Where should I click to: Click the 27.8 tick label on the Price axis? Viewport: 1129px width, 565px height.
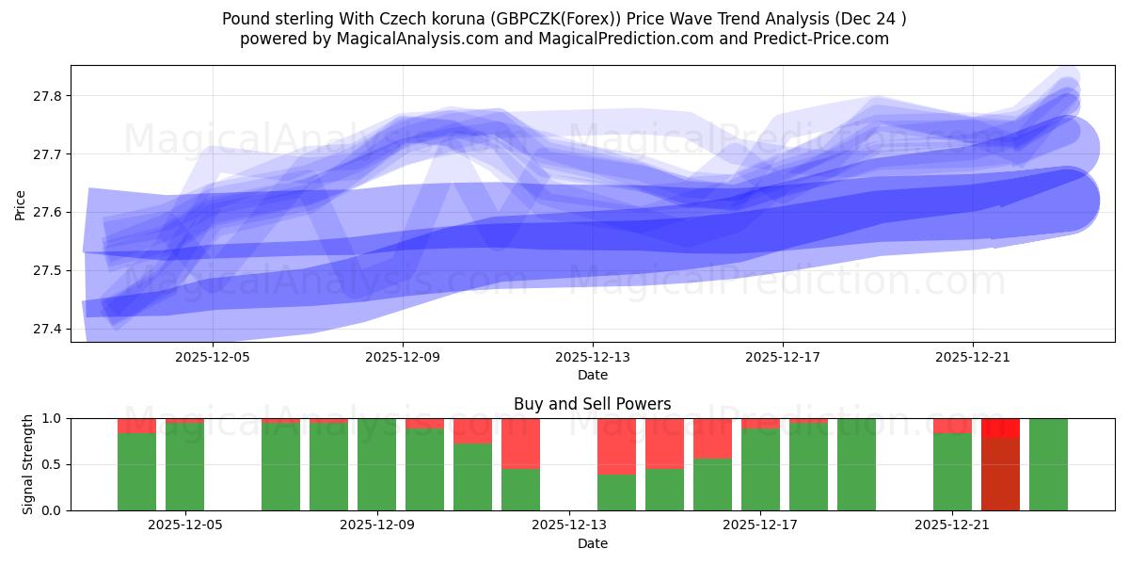[48, 96]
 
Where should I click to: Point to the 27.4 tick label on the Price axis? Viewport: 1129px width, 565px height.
[48, 329]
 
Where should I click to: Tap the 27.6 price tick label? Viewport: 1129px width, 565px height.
[48, 213]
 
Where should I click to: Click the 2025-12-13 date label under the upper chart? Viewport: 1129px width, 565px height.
[593, 358]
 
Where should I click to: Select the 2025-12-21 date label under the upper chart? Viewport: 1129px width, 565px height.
[972, 358]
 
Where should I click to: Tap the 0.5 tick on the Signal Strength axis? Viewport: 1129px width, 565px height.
[52, 464]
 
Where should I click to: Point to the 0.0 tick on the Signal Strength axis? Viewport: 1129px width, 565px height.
[52, 510]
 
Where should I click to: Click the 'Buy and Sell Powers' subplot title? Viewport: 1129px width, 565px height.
[592, 404]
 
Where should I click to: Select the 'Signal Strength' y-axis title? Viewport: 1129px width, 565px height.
[28, 464]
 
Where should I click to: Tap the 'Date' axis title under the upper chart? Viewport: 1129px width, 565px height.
[592, 375]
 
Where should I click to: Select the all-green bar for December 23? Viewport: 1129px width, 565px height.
[1048, 464]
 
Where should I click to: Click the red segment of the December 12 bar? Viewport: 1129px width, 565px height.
[520, 443]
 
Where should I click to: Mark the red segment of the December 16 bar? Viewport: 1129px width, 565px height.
[712, 438]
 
